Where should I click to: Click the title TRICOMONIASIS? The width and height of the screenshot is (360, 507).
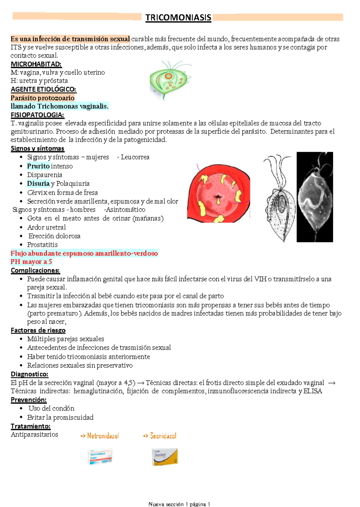click(178, 17)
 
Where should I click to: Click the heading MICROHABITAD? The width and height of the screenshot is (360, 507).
click(36, 64)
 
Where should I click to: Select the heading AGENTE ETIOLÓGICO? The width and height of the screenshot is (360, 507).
click(43, 89)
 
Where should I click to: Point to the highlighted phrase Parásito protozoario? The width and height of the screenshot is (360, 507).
click(42, 98)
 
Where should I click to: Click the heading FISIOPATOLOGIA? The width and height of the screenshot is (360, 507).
click(37, 115)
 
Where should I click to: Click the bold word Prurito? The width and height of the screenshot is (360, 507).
click(38, 166)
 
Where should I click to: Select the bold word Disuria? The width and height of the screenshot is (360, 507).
click(38, 183)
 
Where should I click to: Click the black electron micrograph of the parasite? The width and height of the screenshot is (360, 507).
click(314, 197)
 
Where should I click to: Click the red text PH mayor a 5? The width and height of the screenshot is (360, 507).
click(31, 262)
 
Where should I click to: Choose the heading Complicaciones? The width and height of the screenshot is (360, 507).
click(35, 270)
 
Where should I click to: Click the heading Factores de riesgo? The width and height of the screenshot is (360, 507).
click(38, 330)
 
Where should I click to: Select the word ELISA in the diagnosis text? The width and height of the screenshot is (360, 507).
click(313, 391)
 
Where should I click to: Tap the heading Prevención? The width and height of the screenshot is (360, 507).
click(28, 400)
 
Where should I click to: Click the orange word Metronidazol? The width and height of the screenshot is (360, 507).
click(103, 436)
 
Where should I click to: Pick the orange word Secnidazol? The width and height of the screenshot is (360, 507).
click(163, 436)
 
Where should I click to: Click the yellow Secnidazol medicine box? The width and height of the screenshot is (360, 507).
click(165, 457)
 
